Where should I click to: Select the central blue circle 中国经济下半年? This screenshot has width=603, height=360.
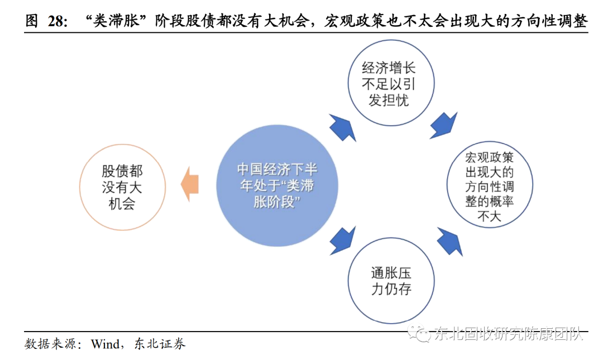[277, 185]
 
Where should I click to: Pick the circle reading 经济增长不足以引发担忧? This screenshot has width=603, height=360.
[389, 84]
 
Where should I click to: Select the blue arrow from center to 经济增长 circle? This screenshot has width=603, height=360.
[342, 129]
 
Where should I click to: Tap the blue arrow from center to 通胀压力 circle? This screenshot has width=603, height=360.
[341, 240]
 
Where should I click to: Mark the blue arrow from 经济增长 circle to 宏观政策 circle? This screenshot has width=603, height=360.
[443, 126]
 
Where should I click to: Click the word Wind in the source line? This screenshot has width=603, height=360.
[106, 344]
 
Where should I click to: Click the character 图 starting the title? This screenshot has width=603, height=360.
[32, 21]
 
